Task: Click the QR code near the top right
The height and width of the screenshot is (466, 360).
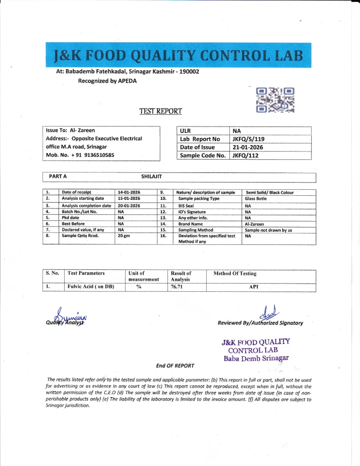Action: [x=275, y=99]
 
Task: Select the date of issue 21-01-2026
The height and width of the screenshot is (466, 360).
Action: [x=248, y=147]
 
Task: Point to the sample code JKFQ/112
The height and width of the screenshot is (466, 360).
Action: [x=246, y=155]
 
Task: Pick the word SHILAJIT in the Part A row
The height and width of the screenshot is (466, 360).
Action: [x=152, y=176]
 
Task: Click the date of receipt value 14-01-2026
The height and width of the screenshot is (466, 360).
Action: [x=129, y=192]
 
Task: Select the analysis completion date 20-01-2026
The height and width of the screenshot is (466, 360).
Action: [x=129, y=205]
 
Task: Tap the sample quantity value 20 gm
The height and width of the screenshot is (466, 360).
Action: [x=124, y=236]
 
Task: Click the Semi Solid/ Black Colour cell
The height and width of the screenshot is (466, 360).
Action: [x=269, y=192]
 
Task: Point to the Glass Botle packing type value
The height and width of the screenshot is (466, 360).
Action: [x=256, y=199]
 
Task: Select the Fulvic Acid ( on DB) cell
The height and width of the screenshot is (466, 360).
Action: [x=91, y=287]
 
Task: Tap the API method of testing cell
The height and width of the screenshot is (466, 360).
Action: [x=254, y=287]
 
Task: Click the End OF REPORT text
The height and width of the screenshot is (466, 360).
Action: [x=175, y=365]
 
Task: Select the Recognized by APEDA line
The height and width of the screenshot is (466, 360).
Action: [x=107, y=81]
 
